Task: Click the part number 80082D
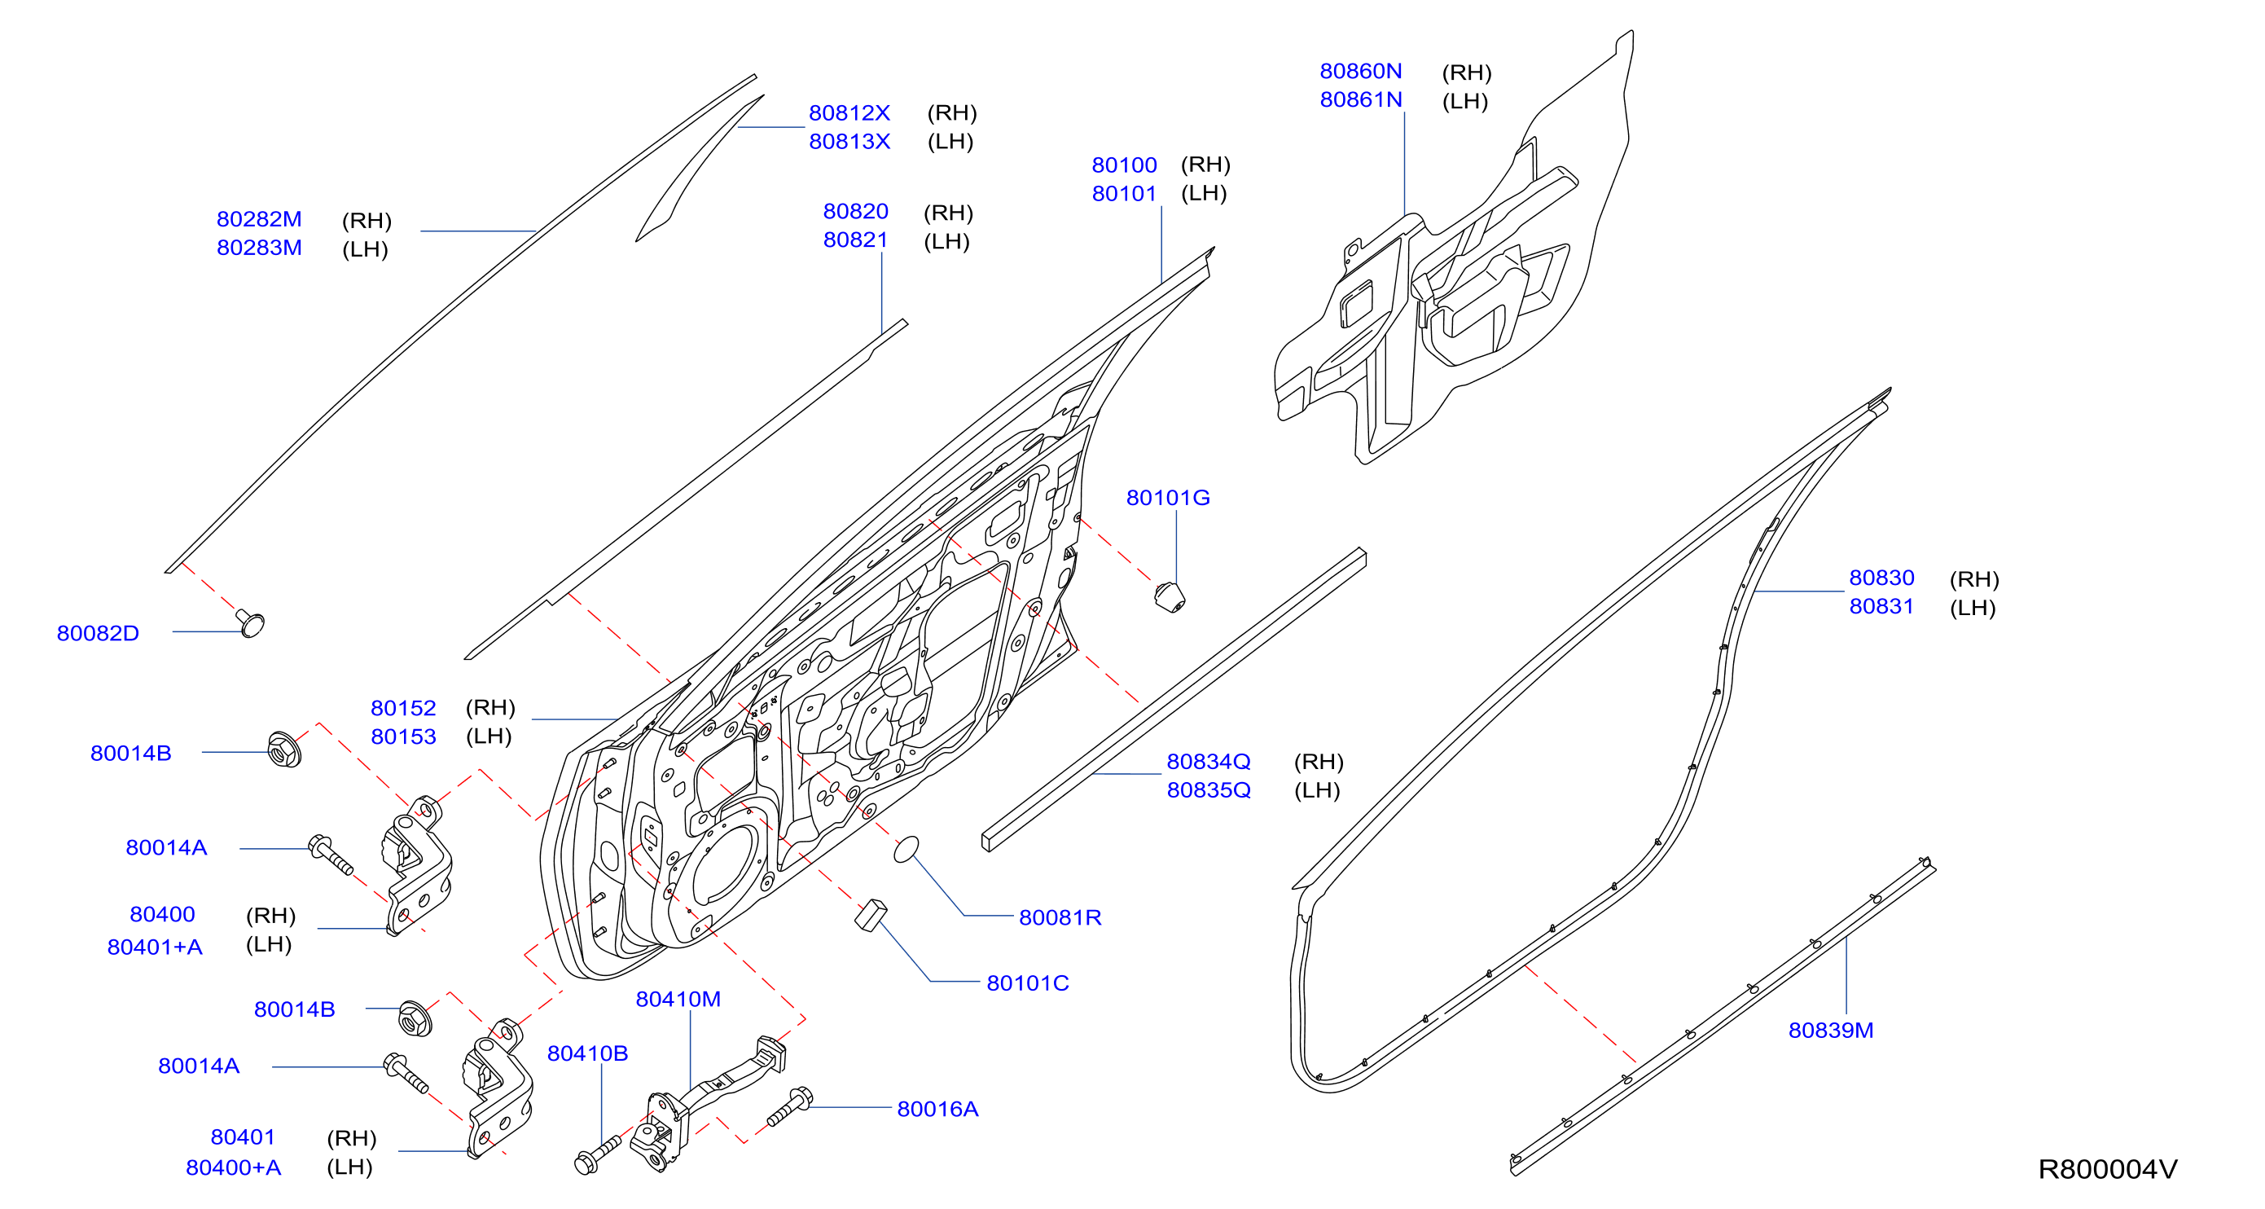tap(98, 633)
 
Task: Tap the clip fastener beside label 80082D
tap(250, 622)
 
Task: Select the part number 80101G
tap(1168, 498)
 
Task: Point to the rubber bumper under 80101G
tap(1170, 597)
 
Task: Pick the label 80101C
tap(1027, 983)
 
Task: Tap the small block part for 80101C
tap(871, 914)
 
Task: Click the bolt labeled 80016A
tap(789, 1107)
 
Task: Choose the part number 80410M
tap(678, 999)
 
